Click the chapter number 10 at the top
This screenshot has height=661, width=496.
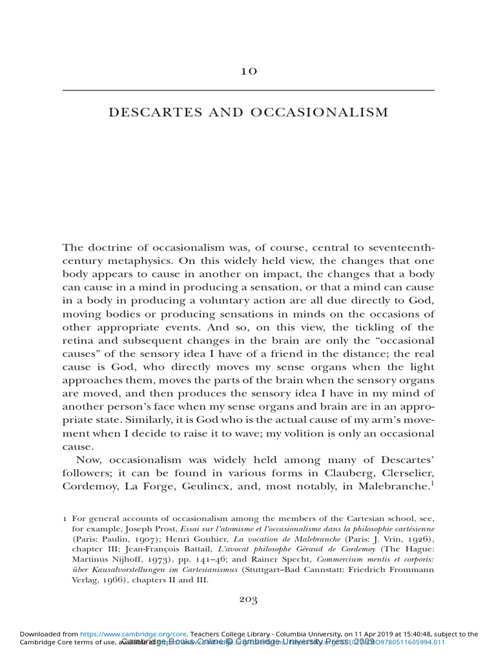point(248,71)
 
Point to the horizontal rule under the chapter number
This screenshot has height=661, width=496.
point(248,90)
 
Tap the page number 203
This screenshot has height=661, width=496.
point(248,600)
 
